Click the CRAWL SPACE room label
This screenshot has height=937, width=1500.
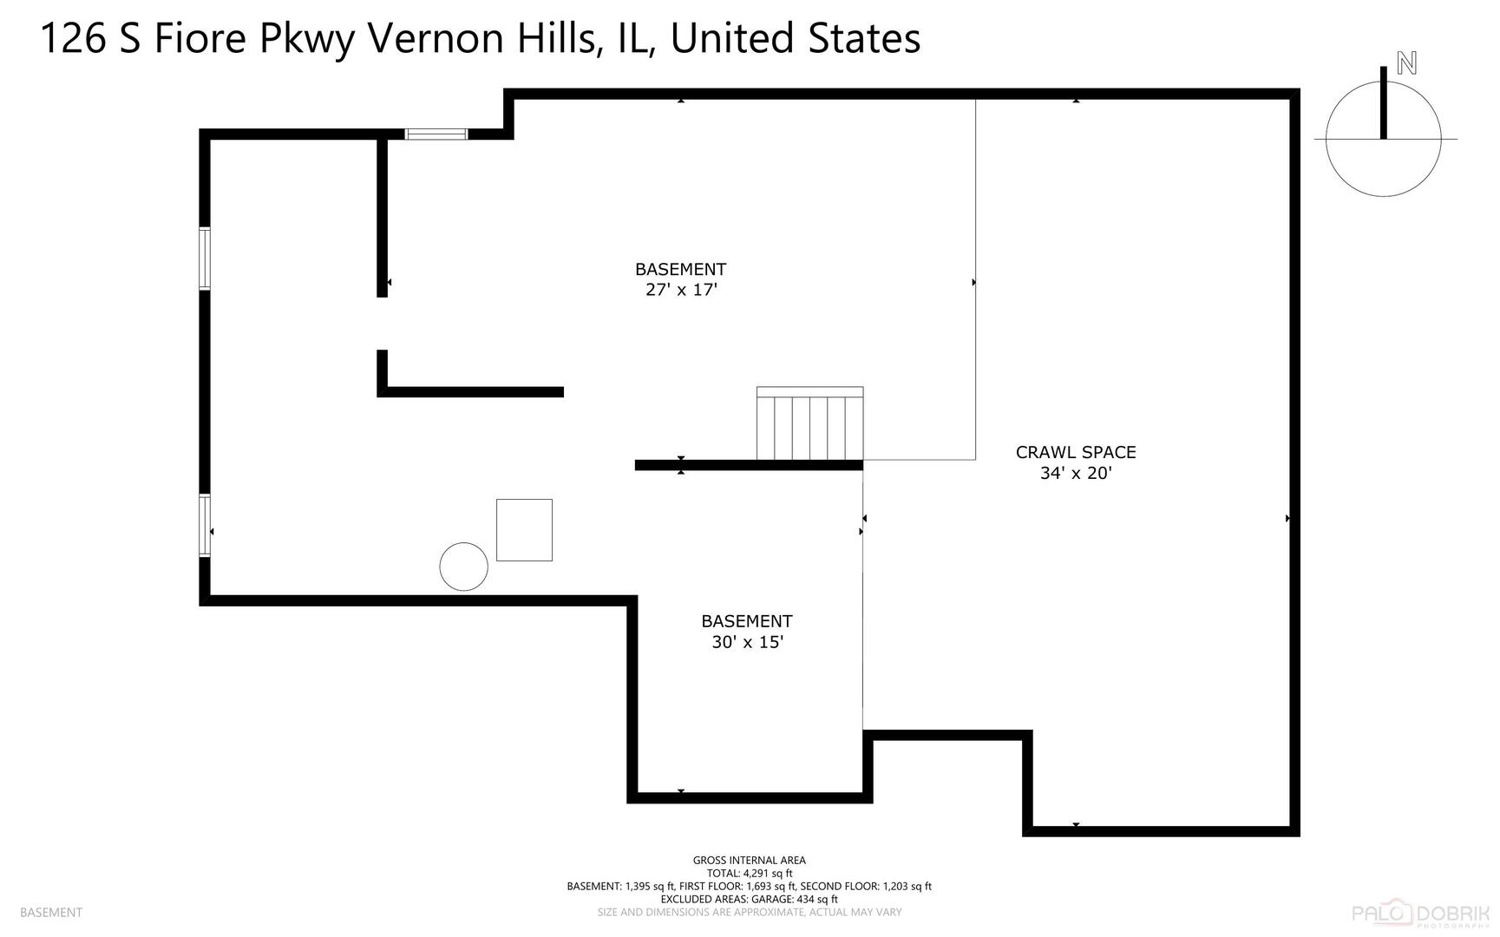[x=1076, y=452]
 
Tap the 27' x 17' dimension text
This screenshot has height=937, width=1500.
[x=681, y=290]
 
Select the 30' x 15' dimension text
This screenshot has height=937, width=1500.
[x=747, y=642]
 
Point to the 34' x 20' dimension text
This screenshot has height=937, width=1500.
[x=1076, y=473]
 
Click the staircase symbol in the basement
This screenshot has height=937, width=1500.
[x=809, y=424]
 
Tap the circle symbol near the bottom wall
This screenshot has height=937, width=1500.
[x=463, y=567]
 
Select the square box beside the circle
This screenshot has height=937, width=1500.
[x=524, y=530]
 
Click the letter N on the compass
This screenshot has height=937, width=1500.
[x=1406, y=63]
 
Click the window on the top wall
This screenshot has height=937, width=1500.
[x=436, y=134]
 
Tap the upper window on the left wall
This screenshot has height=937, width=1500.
[x=205, y=258]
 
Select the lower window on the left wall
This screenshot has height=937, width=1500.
[x=205, y=525]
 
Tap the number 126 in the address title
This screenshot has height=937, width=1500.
[x=73, y=39]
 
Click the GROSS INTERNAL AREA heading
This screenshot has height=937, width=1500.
[x=749, y=861]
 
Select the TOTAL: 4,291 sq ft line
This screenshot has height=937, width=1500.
[x=749, y=874]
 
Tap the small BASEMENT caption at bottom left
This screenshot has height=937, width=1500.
[x=50, y=913]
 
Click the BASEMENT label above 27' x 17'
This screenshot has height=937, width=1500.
[x=680, y=269]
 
